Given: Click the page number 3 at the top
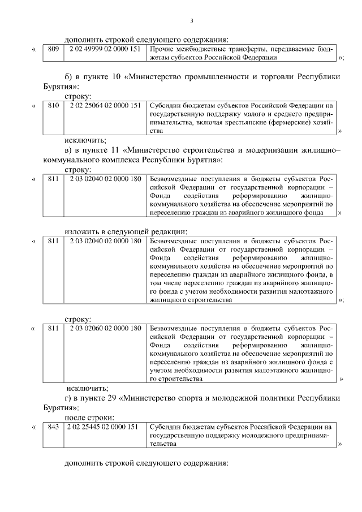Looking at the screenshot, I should (x=192, y=21).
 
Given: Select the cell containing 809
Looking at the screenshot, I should (x=53, y=49).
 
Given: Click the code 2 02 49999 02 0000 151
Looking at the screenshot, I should (x=105, y=49).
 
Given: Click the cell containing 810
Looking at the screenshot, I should (x=53, y=105).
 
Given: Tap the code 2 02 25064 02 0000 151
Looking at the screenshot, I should (x=105, y=105).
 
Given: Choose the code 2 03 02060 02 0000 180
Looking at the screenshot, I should (x=105, y=328).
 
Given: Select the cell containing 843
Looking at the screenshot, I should (x=53, y=427).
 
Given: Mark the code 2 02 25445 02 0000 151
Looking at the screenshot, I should (x=105, y=427).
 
